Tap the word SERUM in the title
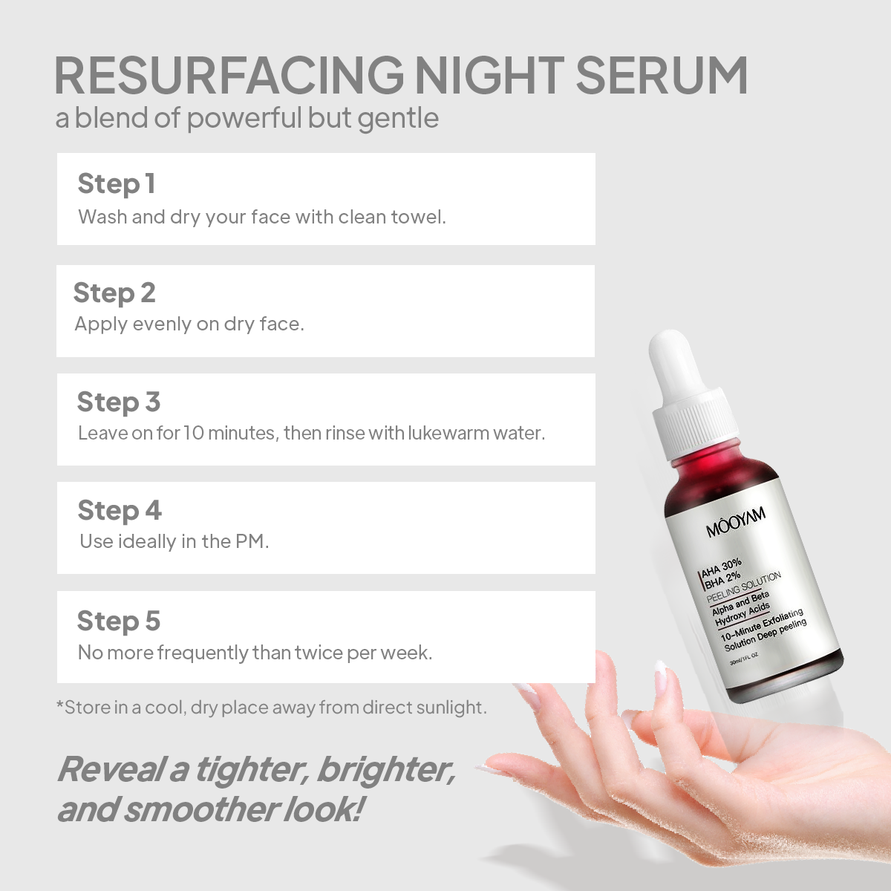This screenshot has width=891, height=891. [662, 76]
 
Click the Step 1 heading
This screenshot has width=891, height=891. [116, 184]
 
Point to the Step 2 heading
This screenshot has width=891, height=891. [114, 293]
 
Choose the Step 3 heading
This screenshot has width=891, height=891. [118, 402]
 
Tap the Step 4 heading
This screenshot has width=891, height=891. [120, 510]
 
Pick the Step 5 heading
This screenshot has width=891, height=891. [118, 621]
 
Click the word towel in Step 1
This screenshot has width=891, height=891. [418, 217]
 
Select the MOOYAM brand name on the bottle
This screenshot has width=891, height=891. [736, 522]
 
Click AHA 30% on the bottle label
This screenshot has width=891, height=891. [721, 568]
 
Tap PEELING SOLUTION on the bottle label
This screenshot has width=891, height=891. [744, 587]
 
